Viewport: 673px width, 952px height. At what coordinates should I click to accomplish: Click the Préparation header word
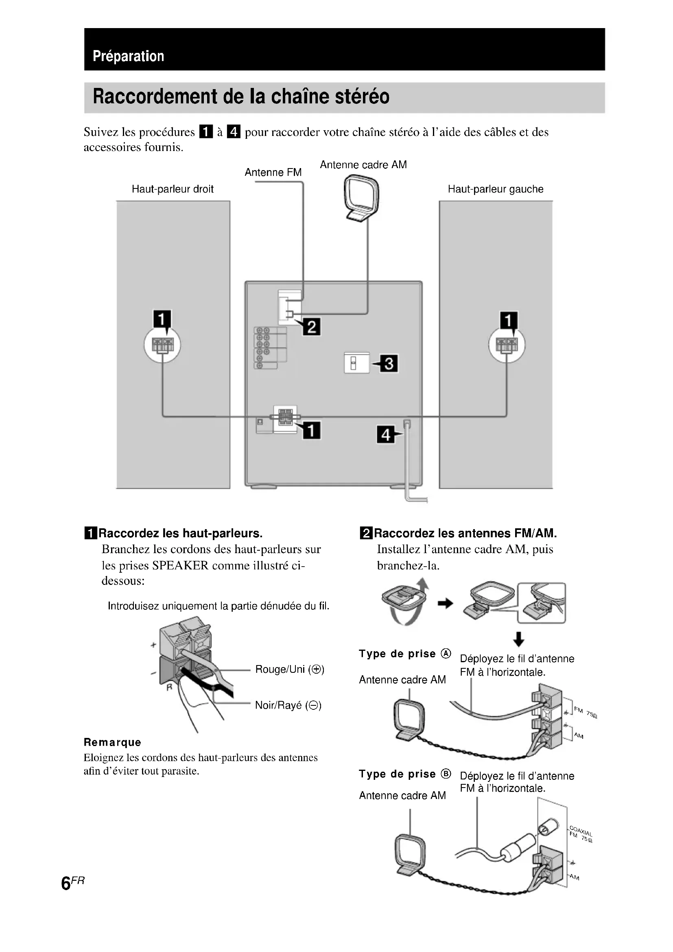(128, 57)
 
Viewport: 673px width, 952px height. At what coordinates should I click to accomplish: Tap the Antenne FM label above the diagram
(273, 173)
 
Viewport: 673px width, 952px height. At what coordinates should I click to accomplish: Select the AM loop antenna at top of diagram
(362, 197)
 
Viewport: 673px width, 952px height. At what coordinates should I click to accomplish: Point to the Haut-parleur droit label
(173, 189)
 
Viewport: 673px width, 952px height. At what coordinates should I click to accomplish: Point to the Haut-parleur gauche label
(495, 189)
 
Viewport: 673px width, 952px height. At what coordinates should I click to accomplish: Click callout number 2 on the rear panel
(312, 327)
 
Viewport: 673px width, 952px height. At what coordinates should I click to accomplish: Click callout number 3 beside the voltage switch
(389, 363)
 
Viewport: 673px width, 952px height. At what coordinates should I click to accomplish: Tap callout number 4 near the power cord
(385, 435)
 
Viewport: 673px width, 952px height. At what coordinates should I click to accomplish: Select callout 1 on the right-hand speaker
(509, 320)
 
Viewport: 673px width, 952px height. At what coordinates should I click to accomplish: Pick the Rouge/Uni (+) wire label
(290, 669)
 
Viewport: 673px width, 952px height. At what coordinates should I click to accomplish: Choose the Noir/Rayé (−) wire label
(288, 705)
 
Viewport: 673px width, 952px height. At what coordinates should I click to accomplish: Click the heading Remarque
(112, 742)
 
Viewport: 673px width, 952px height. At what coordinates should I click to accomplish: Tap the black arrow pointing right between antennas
(446, 604)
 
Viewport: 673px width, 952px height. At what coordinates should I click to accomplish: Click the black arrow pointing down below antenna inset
(518, 639)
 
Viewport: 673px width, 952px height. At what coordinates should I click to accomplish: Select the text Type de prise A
(404, 654)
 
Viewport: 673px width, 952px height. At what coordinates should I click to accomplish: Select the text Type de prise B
(404, 774)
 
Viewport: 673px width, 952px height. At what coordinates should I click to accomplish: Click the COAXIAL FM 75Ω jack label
(581, 834)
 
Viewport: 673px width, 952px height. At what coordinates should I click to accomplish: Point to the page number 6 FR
(72, 883)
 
